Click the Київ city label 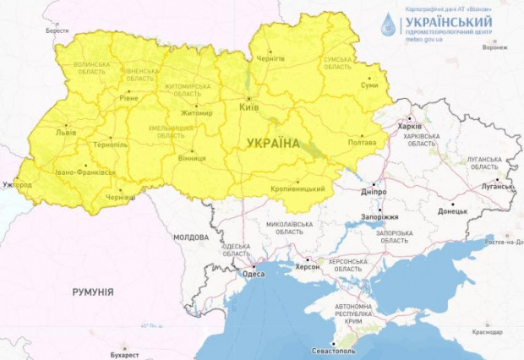249,109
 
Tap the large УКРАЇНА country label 274,145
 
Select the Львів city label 64,133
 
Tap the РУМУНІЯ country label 92,291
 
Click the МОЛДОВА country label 191,237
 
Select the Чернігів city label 270,57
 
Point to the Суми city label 368,85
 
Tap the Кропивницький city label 298,188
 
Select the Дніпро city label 373,192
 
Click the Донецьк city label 452,211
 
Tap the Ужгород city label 17,184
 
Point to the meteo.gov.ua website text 427,39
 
